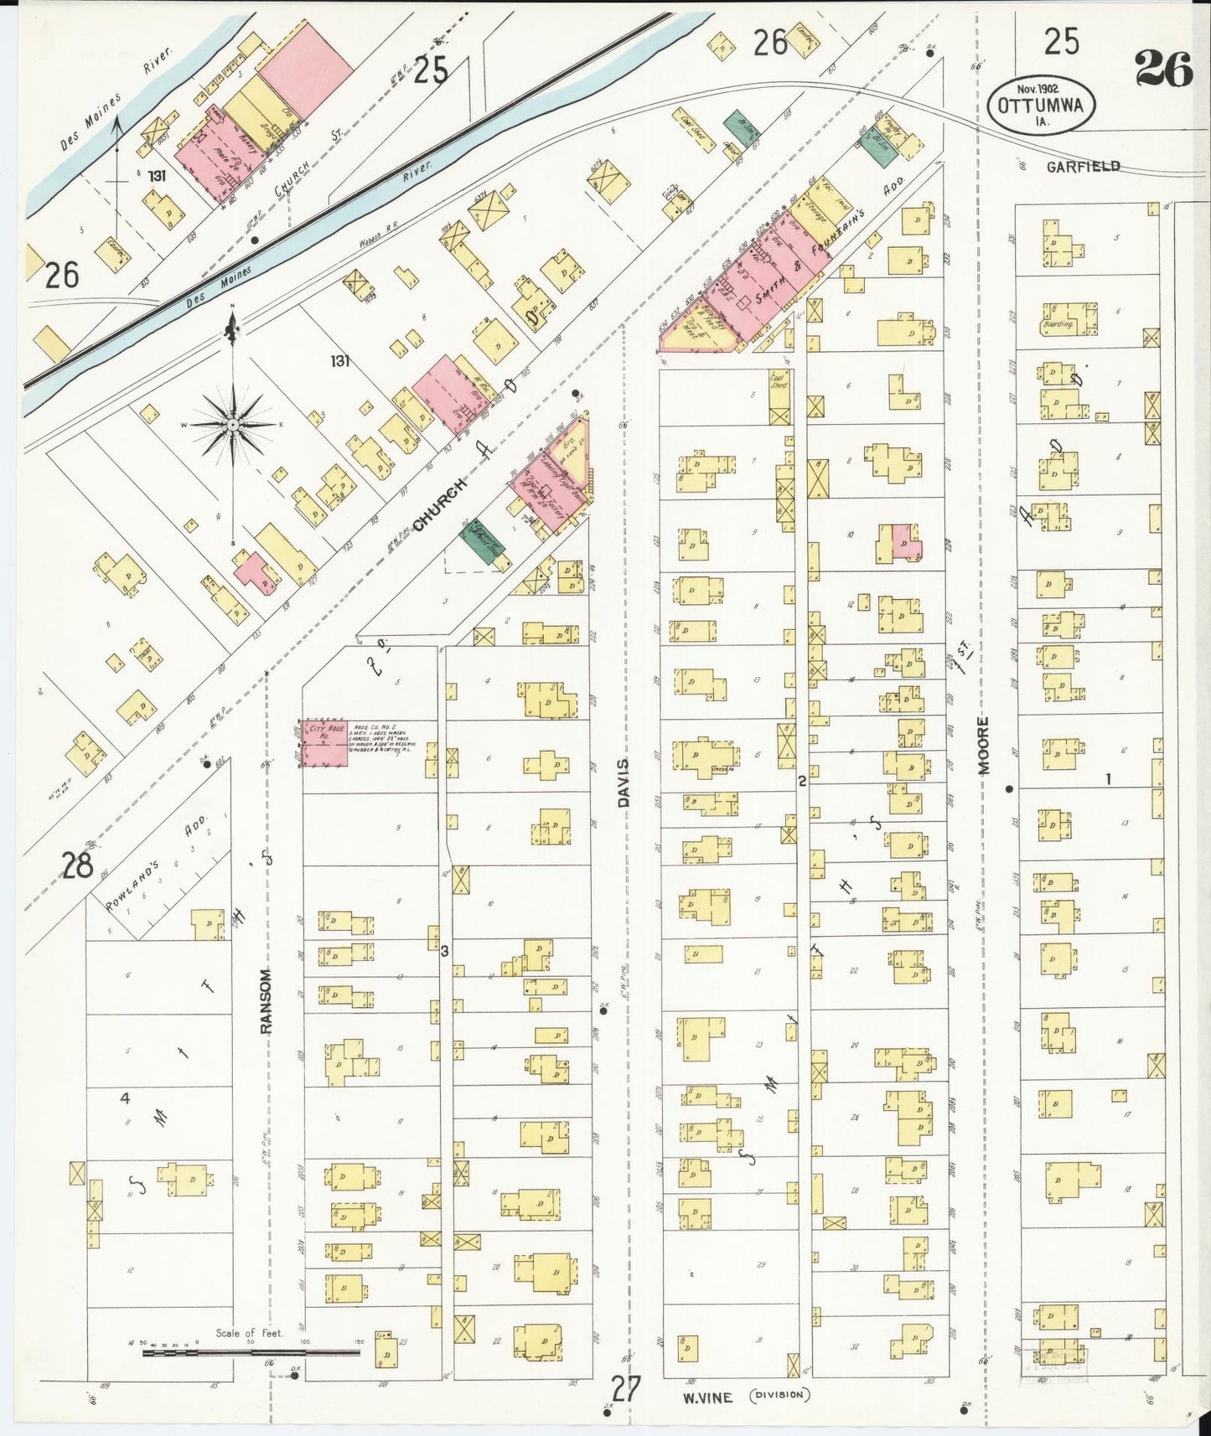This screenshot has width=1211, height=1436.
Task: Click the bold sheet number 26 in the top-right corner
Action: coord(1163,70)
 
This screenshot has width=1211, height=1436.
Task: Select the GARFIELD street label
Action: coord(1083,167)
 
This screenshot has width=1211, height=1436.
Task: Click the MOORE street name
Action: coord(984,746)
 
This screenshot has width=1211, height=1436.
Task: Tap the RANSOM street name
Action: coord(267,1001)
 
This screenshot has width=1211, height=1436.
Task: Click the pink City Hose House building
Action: coord(325,742)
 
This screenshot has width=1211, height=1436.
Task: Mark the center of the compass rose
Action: coord(232,426)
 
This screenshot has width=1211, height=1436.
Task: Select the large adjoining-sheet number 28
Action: coord(77,866)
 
